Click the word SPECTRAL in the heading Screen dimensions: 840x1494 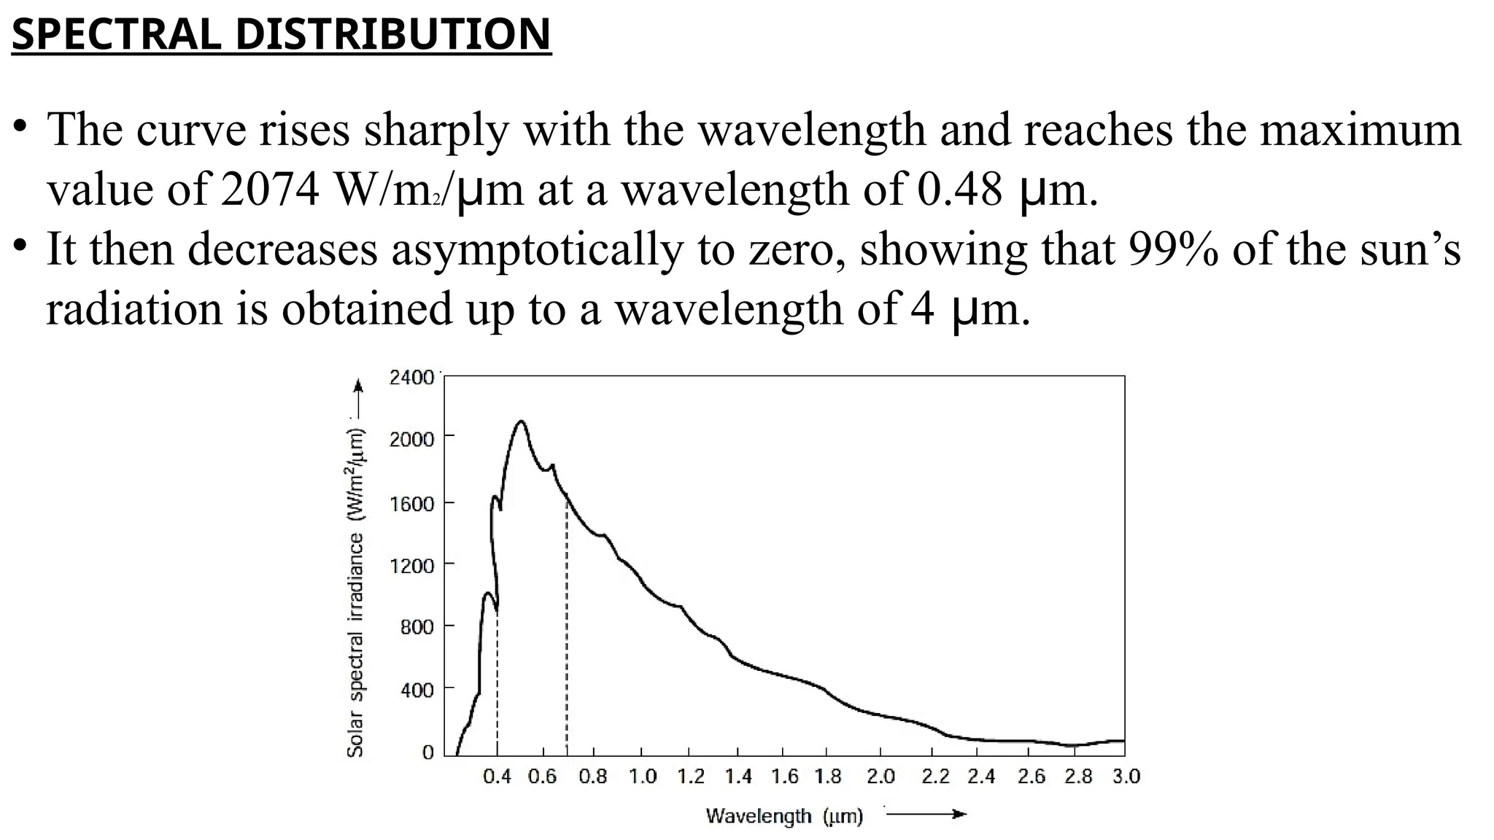coord(116,34)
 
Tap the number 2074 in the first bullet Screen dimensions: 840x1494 coord(269,190)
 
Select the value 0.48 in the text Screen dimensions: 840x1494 coord(959,190)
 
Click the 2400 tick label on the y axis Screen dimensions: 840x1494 coord(411,378)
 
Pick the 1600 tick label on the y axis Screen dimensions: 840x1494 coord(411,504)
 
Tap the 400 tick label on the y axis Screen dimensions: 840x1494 coord(417,689)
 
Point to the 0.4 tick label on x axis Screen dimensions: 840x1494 coord(497,777)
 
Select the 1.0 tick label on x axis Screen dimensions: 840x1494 coord(642,777)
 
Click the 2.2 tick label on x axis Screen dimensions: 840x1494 coord(935,777)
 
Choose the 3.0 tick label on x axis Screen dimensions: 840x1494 coord(1126,777)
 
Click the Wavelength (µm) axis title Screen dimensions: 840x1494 coord(784,816)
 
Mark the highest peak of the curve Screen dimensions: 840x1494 coord(520,421)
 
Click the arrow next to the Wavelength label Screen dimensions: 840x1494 coord(926,814)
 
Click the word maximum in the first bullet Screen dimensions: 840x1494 coord(1361,130)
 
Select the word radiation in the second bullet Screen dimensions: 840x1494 coord(135,309)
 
